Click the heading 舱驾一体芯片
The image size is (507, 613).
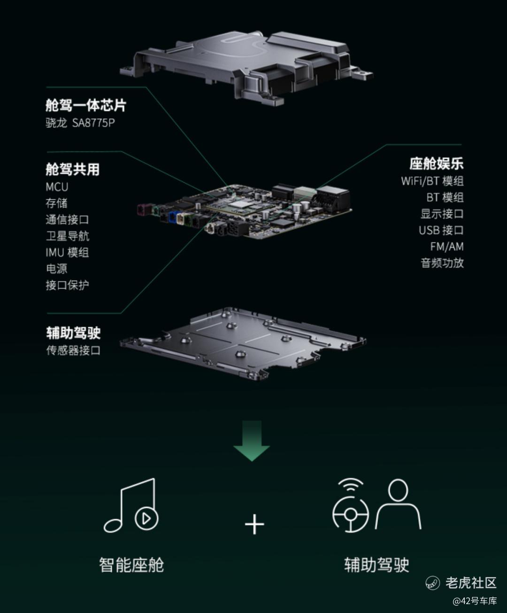[x=85, y=106]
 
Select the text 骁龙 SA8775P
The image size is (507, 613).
[x=80, y=123]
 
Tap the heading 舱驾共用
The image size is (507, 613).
[x=72, y=170]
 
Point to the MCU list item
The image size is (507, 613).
[x=57, y=187]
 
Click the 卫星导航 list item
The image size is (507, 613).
[x=68, y=236]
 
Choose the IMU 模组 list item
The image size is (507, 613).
[x=67, y=252]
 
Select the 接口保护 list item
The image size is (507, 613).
[x=67, y=285]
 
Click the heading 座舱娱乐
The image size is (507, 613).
[x=437, y=163]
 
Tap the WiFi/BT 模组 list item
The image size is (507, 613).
[x=432, y=181]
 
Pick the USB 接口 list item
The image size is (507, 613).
[x=441, y=230]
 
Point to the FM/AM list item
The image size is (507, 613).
[x=447, y=247]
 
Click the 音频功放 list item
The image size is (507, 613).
[x=442, y=263]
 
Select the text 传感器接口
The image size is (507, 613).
[x=73, y=350]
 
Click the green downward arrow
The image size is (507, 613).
[x=252, y=441]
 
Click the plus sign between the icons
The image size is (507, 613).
[x=254, y=524]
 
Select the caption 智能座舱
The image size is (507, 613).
[x=131, y=565]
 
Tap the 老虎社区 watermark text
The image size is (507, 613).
[x=471, y=583]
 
